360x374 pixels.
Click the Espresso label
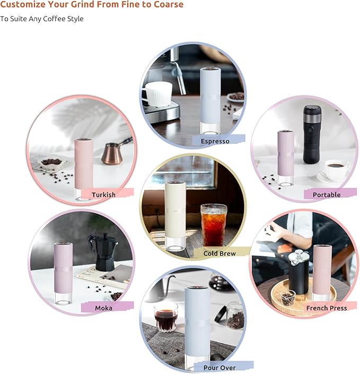point(215,141)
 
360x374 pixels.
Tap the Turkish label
point(103,195)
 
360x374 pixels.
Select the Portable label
point(327,195)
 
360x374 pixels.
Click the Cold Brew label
point(219,254)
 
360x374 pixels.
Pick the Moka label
point(103,308)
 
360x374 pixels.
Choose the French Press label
point(327,308)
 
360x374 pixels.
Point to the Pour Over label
point(219,367)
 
